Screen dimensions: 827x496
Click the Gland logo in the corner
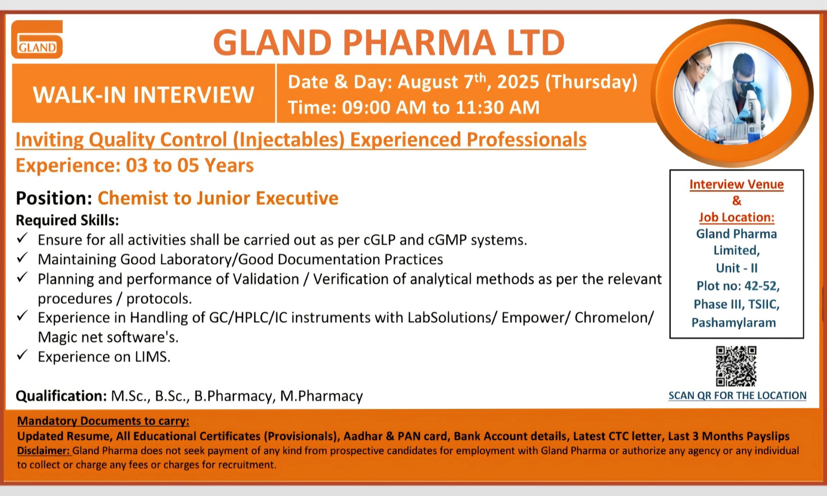click(37, 39)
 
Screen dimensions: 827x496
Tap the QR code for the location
click(736, 366)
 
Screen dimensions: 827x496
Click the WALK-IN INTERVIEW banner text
click(143, 95)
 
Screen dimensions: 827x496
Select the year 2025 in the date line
click(518, 82)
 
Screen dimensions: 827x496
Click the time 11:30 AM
click(497, 107)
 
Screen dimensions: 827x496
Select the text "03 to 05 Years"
click(190, 166)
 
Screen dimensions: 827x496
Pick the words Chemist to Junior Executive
click(218, 198)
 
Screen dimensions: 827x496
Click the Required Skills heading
click(67, 220)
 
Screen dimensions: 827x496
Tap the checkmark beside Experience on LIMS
click(22, 355)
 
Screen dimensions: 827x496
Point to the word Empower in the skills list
click(532, 318)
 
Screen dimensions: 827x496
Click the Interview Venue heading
click(737, 184)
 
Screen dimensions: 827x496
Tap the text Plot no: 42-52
click(738, 286)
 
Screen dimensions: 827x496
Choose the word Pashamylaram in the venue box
click(734, 322)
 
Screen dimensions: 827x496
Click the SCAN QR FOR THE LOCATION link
click(737, 395)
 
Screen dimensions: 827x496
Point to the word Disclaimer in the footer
click(44, 451)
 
